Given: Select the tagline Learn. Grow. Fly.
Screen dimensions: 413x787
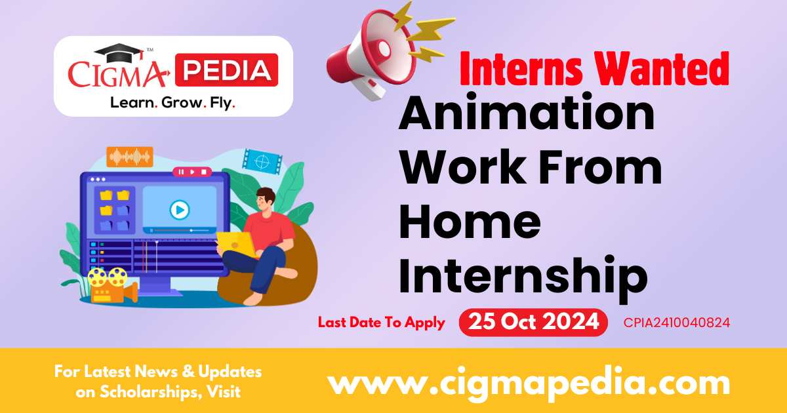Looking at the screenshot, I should tap(173, 103).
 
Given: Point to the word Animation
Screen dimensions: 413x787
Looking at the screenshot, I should tap(527, 115).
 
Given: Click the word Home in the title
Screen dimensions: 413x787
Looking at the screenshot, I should tap(470, 221).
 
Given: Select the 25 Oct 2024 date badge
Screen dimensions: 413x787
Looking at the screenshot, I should tap(533, 323).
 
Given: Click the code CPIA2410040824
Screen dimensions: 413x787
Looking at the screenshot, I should tap(677, 323).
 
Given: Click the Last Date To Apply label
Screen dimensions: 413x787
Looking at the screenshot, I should tap(381, 323).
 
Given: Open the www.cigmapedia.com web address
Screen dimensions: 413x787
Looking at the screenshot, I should tap(529, 382).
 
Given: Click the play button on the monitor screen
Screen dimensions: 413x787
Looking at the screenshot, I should tap(179, 210).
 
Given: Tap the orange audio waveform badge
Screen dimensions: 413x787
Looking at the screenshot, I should tap(129, 157).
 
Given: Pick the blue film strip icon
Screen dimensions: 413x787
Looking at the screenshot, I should tap(262, 159).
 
